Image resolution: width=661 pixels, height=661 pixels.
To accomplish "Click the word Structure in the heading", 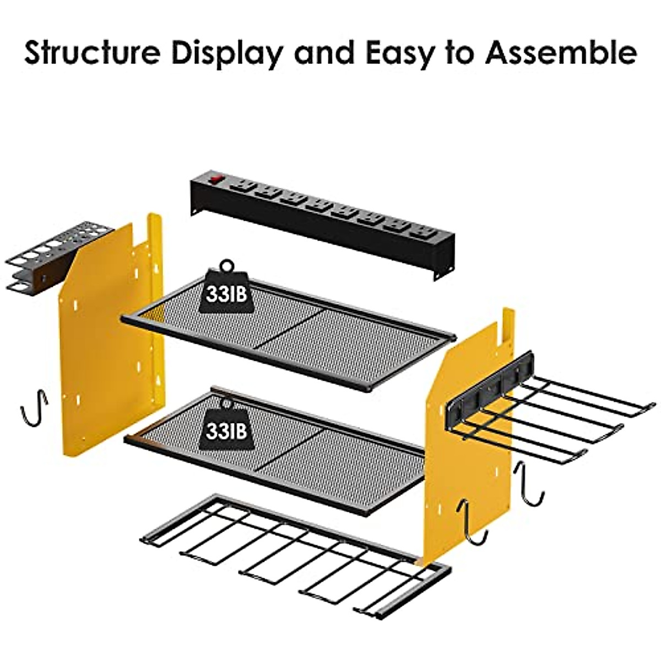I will point(91,53).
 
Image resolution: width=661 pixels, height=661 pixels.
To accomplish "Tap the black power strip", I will point(330,220).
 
